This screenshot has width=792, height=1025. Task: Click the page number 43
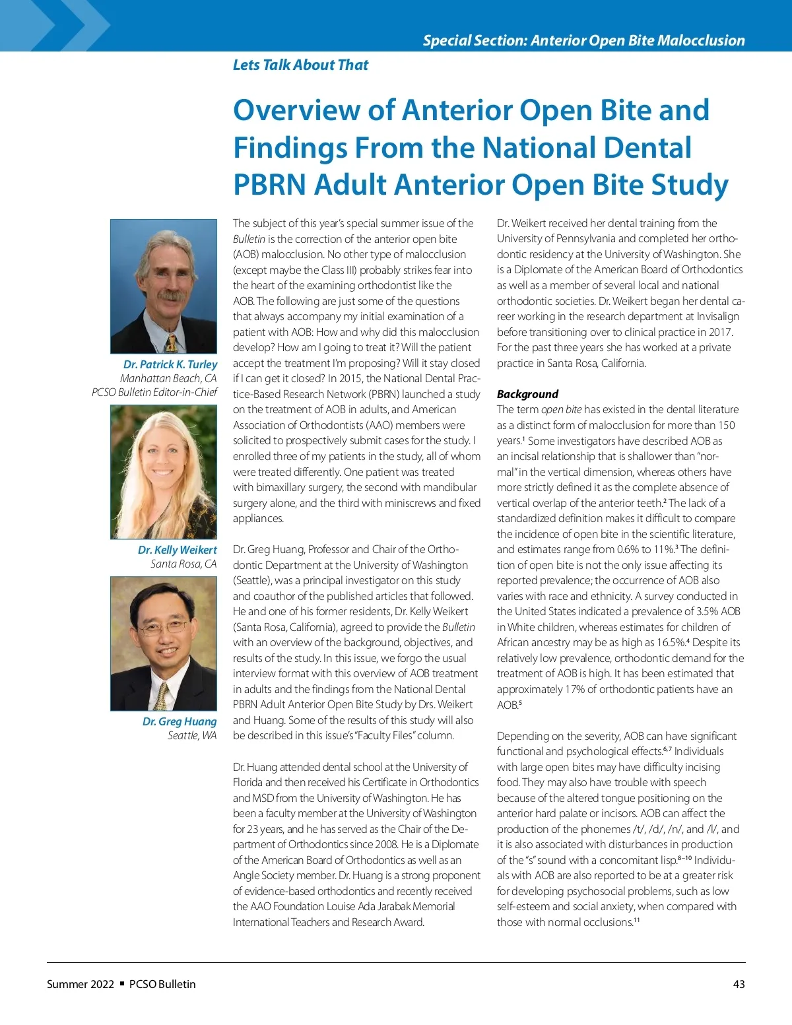pos(739,984)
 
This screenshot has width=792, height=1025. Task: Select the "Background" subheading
pos(527,394)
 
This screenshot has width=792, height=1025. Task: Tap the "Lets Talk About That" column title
pos(300,65)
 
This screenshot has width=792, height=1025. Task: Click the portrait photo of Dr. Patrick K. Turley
pos(164,286)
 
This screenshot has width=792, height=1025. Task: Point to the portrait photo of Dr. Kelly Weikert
pos(164,472)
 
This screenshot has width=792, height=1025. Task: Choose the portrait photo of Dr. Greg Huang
pos(164,644)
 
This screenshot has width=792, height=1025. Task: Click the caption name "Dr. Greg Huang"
pos(180,721)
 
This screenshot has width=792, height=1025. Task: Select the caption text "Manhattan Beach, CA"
pos(168,378)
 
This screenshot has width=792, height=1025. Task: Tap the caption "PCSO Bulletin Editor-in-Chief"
pos(154,392)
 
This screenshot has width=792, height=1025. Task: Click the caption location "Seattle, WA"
pos(192,735)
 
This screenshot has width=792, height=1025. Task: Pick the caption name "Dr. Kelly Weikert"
pos(177,550)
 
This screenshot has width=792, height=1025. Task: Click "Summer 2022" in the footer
pos(81,984)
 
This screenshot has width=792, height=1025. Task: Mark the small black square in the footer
pos(122,983)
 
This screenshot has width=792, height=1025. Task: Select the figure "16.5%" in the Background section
pos(671,642)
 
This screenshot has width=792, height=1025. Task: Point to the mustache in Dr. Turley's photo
pos(168,294)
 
